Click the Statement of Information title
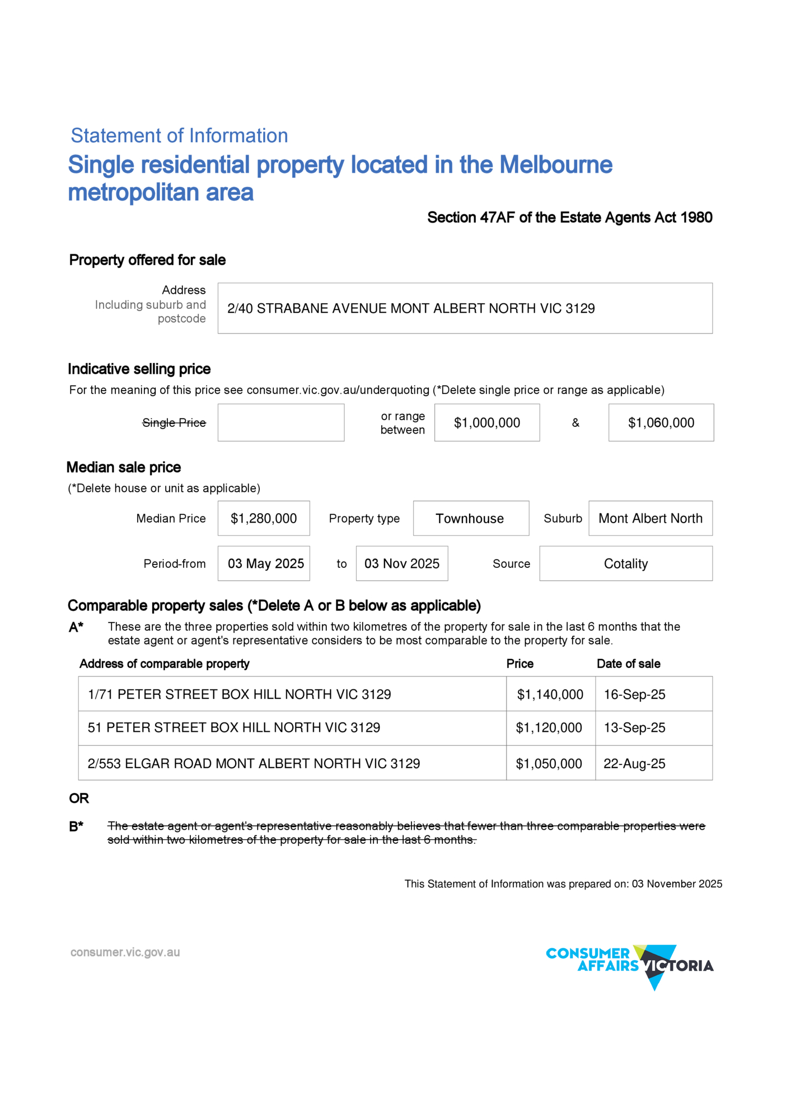pyautogui.click(x=179, y=135)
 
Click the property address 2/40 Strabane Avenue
pyautogui.click(x=410, y=308)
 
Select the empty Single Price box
pyautogui.click(x=280, y=422)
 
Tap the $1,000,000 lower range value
pyautogui.click(x=486, y=423)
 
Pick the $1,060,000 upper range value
pyautogui.click(x=661, y=423)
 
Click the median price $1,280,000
pyautogui.click(x=264, y=519)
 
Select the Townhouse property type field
pyautogui.click(x=470, y=519)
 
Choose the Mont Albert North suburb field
pyautogui.click(x=650, y=519)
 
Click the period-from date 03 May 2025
pyautogui.click(x=265, y=563)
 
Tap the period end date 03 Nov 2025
pyautogui.click(x=402, y=563)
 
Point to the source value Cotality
pyautogui.click(x=625, y=564)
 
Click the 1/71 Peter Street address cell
pyautogui.click(x=239, y=694)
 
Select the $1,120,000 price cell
pyautogui.click(x=549, y=728)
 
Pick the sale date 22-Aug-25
pyautogui.click(x=634, y=764)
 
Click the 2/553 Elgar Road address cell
pyautogui.click(x=254, y=764)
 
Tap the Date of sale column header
pyautogui.click(x=628, y=664)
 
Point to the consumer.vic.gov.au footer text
pyautogui.click(x=125, y=952)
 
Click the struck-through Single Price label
pyautogui.click(x=174, y=423)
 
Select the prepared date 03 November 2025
pyautogui.click(x=677, y=884)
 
